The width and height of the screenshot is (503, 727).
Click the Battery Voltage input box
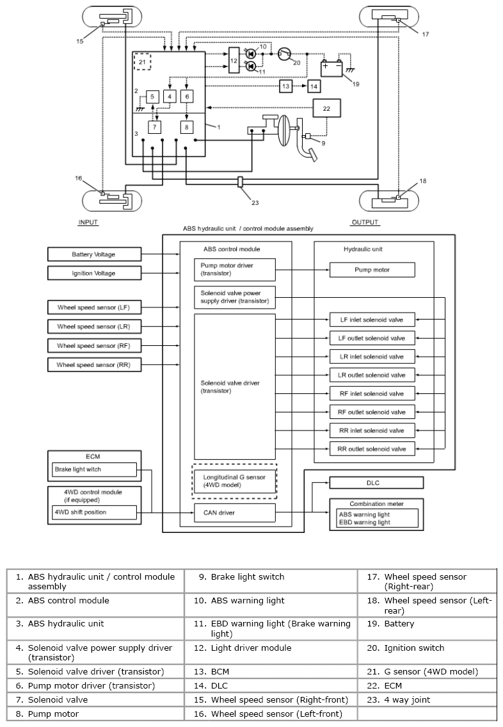tap(94, 254)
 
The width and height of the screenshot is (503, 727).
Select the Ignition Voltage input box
tap(94, 273)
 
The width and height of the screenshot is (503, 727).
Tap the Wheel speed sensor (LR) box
tap(94, 327)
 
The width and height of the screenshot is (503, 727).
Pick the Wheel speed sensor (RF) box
tap(94, 345)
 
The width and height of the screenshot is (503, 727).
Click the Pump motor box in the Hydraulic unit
tap(372, 270)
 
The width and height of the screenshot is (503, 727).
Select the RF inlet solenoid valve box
tap(372, 394)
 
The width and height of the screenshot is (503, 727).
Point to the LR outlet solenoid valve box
tap(372, 375)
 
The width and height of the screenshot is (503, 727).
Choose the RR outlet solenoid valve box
tap(372, 449)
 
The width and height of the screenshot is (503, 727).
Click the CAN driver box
tap(234, 513)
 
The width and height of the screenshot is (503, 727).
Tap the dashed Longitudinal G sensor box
tap(234, 481)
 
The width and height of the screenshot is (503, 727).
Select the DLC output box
tap(376, 483)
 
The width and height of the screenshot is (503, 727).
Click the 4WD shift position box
tap(95, 512)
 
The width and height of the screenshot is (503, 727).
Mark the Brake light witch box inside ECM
tap(95, 470)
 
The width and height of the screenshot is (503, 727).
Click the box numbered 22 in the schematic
tap(326, 108)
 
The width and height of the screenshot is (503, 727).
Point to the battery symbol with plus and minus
tap(332, 69)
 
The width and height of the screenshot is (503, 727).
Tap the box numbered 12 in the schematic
tap(234, 60)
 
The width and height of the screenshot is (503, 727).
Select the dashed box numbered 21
tap(142, 61)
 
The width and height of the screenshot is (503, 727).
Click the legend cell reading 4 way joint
tap(427, 700)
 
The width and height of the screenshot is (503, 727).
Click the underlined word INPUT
tap(88, 222)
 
